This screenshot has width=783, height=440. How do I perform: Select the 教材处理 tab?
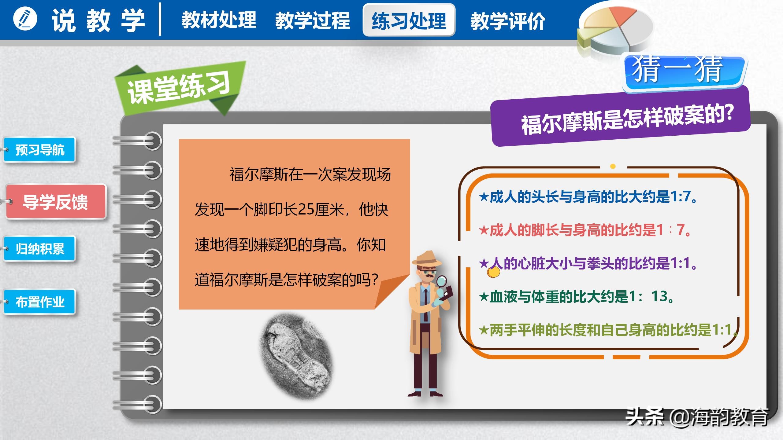pos(219,20)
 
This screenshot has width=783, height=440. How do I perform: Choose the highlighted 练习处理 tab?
pos(409,20)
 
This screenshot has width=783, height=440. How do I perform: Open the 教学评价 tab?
pos(508,21)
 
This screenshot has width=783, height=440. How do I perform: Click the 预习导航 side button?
pos(40,150)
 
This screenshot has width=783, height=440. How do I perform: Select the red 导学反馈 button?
pos(56,202)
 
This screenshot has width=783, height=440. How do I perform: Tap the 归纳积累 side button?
pos(40,249)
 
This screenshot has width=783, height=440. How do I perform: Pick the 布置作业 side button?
pos(40,302)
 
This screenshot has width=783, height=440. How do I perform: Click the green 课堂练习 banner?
pos(179,87)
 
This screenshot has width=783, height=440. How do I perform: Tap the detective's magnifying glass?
pos(441,281)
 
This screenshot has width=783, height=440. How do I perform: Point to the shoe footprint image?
pos(296,356)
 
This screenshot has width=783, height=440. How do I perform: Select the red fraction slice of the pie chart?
pos(621,14)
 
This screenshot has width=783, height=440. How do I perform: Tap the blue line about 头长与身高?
pos(587,197)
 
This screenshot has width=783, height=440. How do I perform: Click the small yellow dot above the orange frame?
pos(613,166)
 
